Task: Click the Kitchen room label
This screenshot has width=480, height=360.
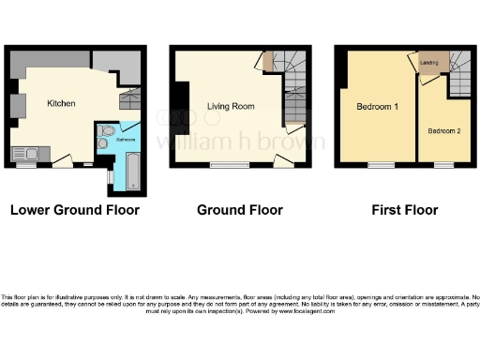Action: pos(61,103)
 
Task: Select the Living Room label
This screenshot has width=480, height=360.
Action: pos(231,107)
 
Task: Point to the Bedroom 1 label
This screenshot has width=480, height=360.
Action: pos(378,107)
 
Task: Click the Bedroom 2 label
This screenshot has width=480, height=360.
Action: pos(443,130)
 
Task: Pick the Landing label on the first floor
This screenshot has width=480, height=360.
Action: pos(429,64)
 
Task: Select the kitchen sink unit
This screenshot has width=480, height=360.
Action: pos(23,154)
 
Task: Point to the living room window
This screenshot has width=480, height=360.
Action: pos(229,165)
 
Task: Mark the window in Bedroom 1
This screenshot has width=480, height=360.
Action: pos(381,165)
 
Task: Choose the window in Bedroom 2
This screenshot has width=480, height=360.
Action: pos(443,165)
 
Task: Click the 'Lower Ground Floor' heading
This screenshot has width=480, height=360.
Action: pos(74,210)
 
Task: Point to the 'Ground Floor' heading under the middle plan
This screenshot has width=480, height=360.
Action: pos(239,210)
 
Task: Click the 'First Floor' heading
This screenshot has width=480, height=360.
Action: pos(405,210)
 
